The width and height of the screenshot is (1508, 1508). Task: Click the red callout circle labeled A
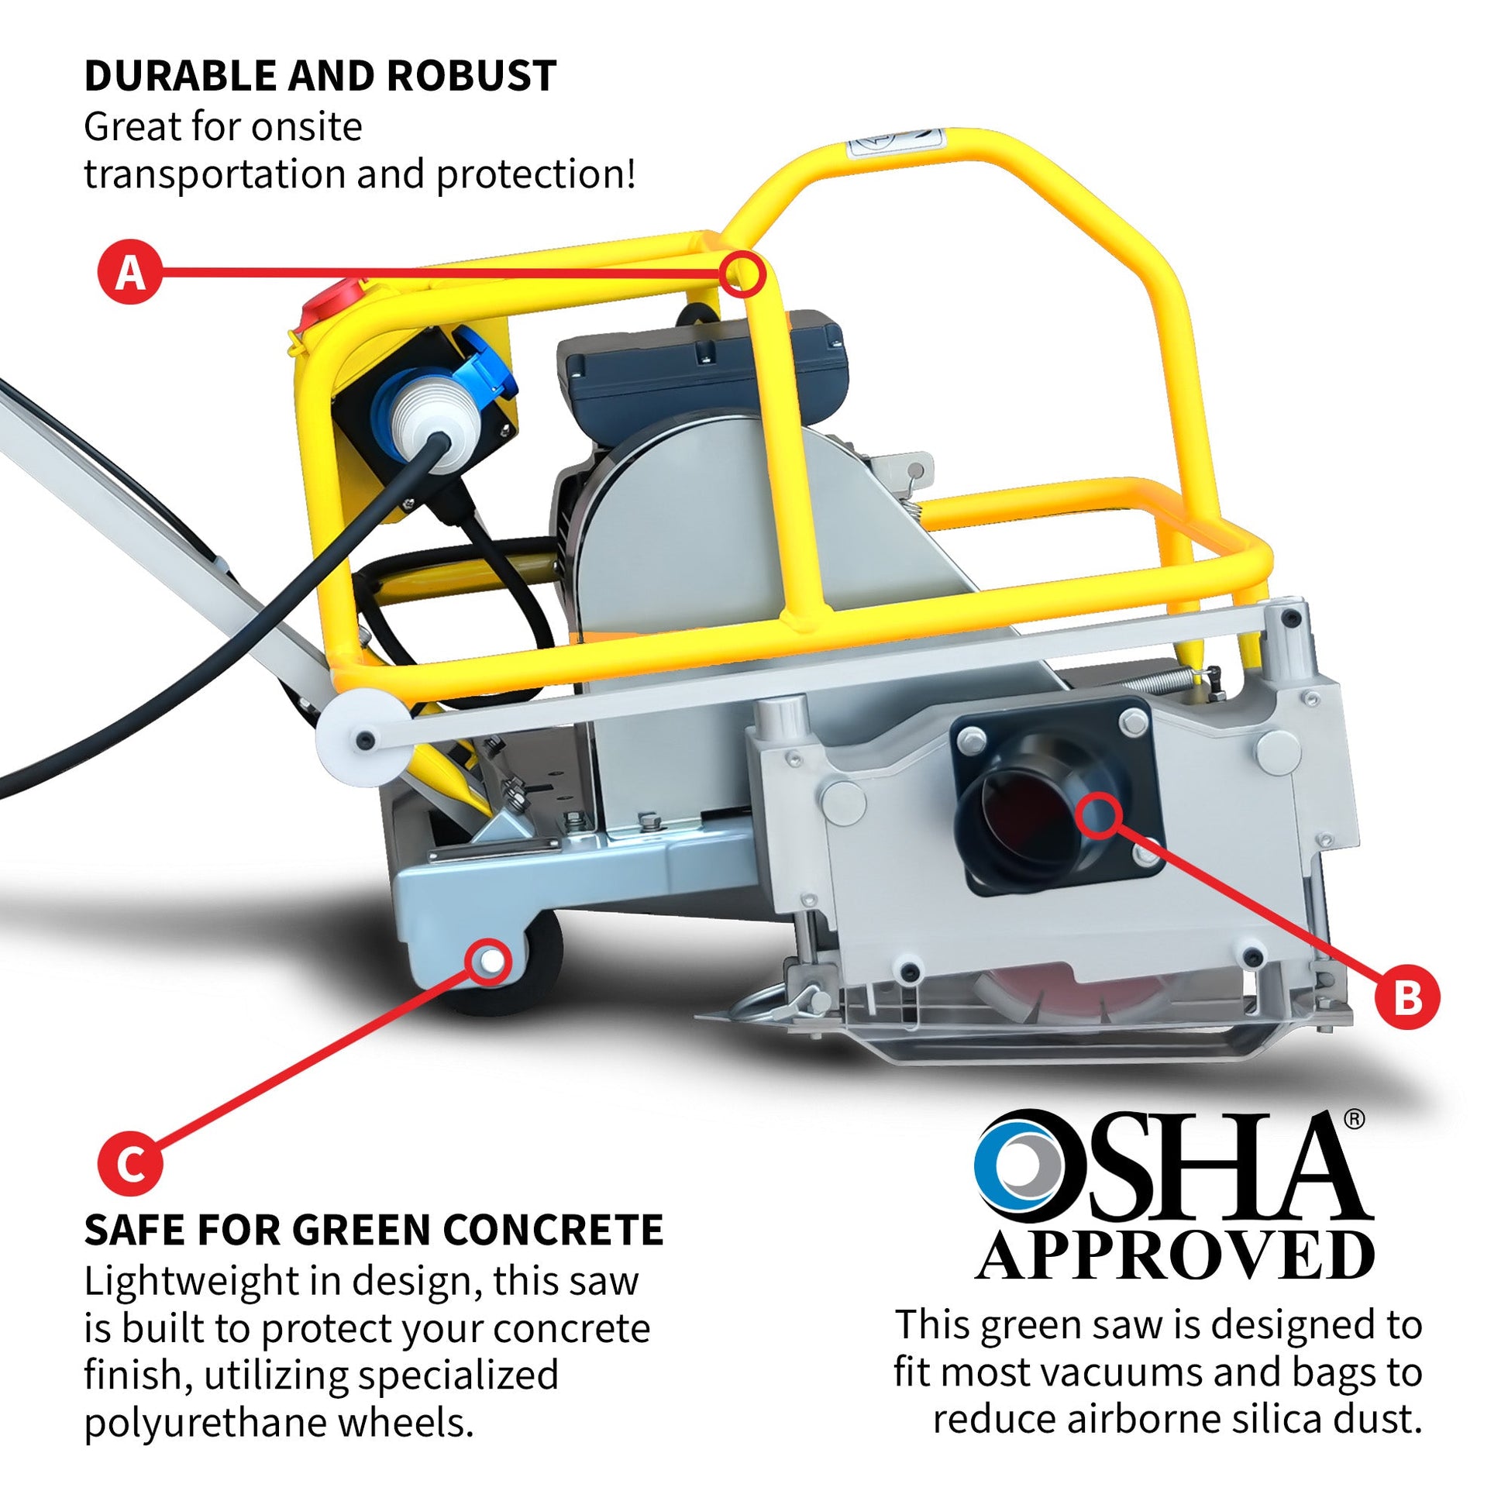[x=129, y=272]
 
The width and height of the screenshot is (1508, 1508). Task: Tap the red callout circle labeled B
[x=1406, y=997]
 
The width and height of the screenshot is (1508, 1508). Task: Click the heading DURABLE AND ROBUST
[x=320, y=76]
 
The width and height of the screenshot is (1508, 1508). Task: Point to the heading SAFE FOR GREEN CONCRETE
[x=374, y=1230]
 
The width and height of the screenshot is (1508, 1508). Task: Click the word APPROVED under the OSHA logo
[x=1176, y=1256]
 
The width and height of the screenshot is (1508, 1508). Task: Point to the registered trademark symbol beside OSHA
[x=1355, y=1118]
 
